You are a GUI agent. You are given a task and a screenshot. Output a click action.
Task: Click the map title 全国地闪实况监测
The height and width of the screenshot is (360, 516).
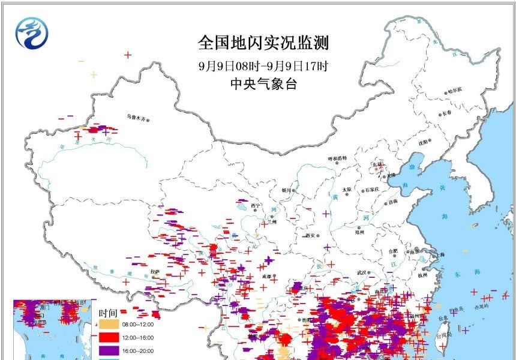[263, 43]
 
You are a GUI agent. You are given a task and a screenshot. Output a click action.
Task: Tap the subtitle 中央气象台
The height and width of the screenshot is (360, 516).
[263, 84]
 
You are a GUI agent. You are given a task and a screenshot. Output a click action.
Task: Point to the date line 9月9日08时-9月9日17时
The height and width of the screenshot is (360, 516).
[263, 65]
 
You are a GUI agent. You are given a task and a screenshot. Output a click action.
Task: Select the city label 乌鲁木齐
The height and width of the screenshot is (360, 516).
[136, 118]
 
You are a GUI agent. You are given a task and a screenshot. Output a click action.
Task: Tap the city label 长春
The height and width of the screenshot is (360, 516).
[448, 113]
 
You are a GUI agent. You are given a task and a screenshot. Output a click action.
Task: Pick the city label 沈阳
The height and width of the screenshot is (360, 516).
[425, 142]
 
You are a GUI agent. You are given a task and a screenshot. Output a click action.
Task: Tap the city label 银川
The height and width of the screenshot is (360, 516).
[286, 190]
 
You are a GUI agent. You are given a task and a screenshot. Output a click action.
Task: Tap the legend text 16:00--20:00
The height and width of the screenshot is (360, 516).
[139, 351]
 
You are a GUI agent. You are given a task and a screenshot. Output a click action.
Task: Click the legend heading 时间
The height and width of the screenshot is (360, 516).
[109, 313]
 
